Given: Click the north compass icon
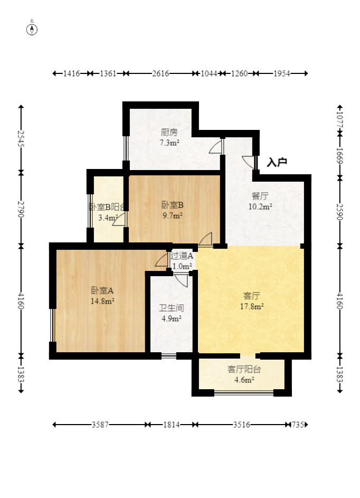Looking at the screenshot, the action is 32,30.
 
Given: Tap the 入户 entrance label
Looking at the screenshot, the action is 277,162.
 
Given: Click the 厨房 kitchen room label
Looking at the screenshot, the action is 169,132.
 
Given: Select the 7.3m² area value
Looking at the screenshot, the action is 169,143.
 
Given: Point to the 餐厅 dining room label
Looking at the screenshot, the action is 260,196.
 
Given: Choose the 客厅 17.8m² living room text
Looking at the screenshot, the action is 252,301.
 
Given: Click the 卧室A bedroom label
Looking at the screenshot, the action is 102,290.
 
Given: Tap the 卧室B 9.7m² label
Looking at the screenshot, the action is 173,210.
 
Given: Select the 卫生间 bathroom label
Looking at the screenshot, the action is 172,308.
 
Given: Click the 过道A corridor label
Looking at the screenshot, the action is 182,256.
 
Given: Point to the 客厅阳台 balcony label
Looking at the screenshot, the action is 244,369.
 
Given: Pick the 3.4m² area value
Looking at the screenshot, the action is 108,218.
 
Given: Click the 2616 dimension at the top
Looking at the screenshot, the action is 160,74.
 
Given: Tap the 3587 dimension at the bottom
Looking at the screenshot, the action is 100,425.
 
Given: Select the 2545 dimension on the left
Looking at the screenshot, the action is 21,138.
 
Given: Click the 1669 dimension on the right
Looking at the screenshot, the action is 340,155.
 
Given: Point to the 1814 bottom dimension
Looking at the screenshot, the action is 172,425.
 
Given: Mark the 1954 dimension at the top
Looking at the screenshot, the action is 282,74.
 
